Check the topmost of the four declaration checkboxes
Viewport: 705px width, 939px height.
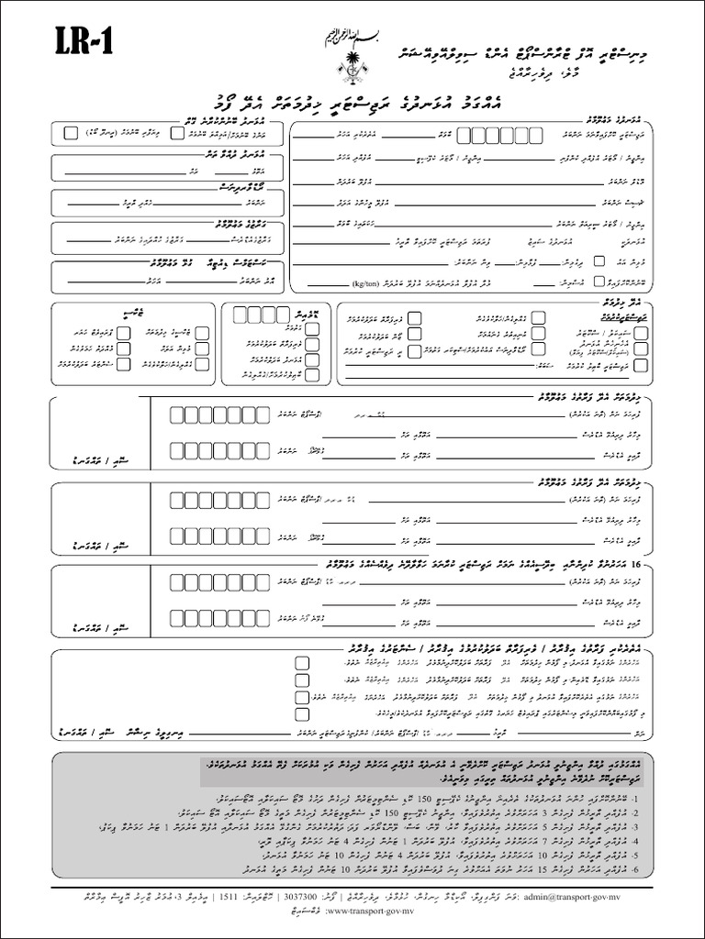pyautogui.click(x=302, y=662)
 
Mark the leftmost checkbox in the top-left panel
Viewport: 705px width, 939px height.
pyautogui.click(x=72, y=132)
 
